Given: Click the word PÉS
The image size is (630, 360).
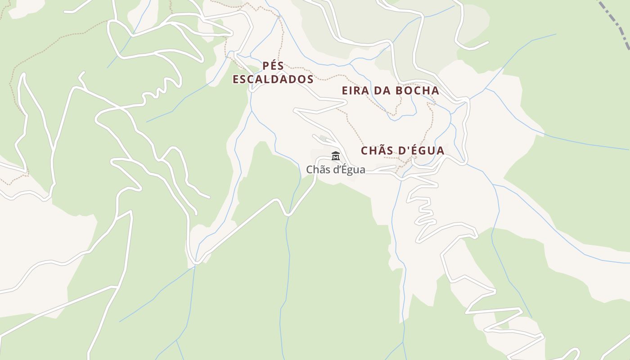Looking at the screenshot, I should [x=273, y=66].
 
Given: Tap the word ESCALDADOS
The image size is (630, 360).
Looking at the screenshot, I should [x=273, y=80].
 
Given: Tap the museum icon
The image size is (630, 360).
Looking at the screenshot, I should [x=335, y=156].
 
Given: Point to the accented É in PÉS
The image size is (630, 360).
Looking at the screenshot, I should [x=274, y=66].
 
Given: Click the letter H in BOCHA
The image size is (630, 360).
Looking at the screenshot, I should [x=426, y=90].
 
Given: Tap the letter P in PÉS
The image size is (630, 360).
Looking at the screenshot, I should [x=266, y=66].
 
